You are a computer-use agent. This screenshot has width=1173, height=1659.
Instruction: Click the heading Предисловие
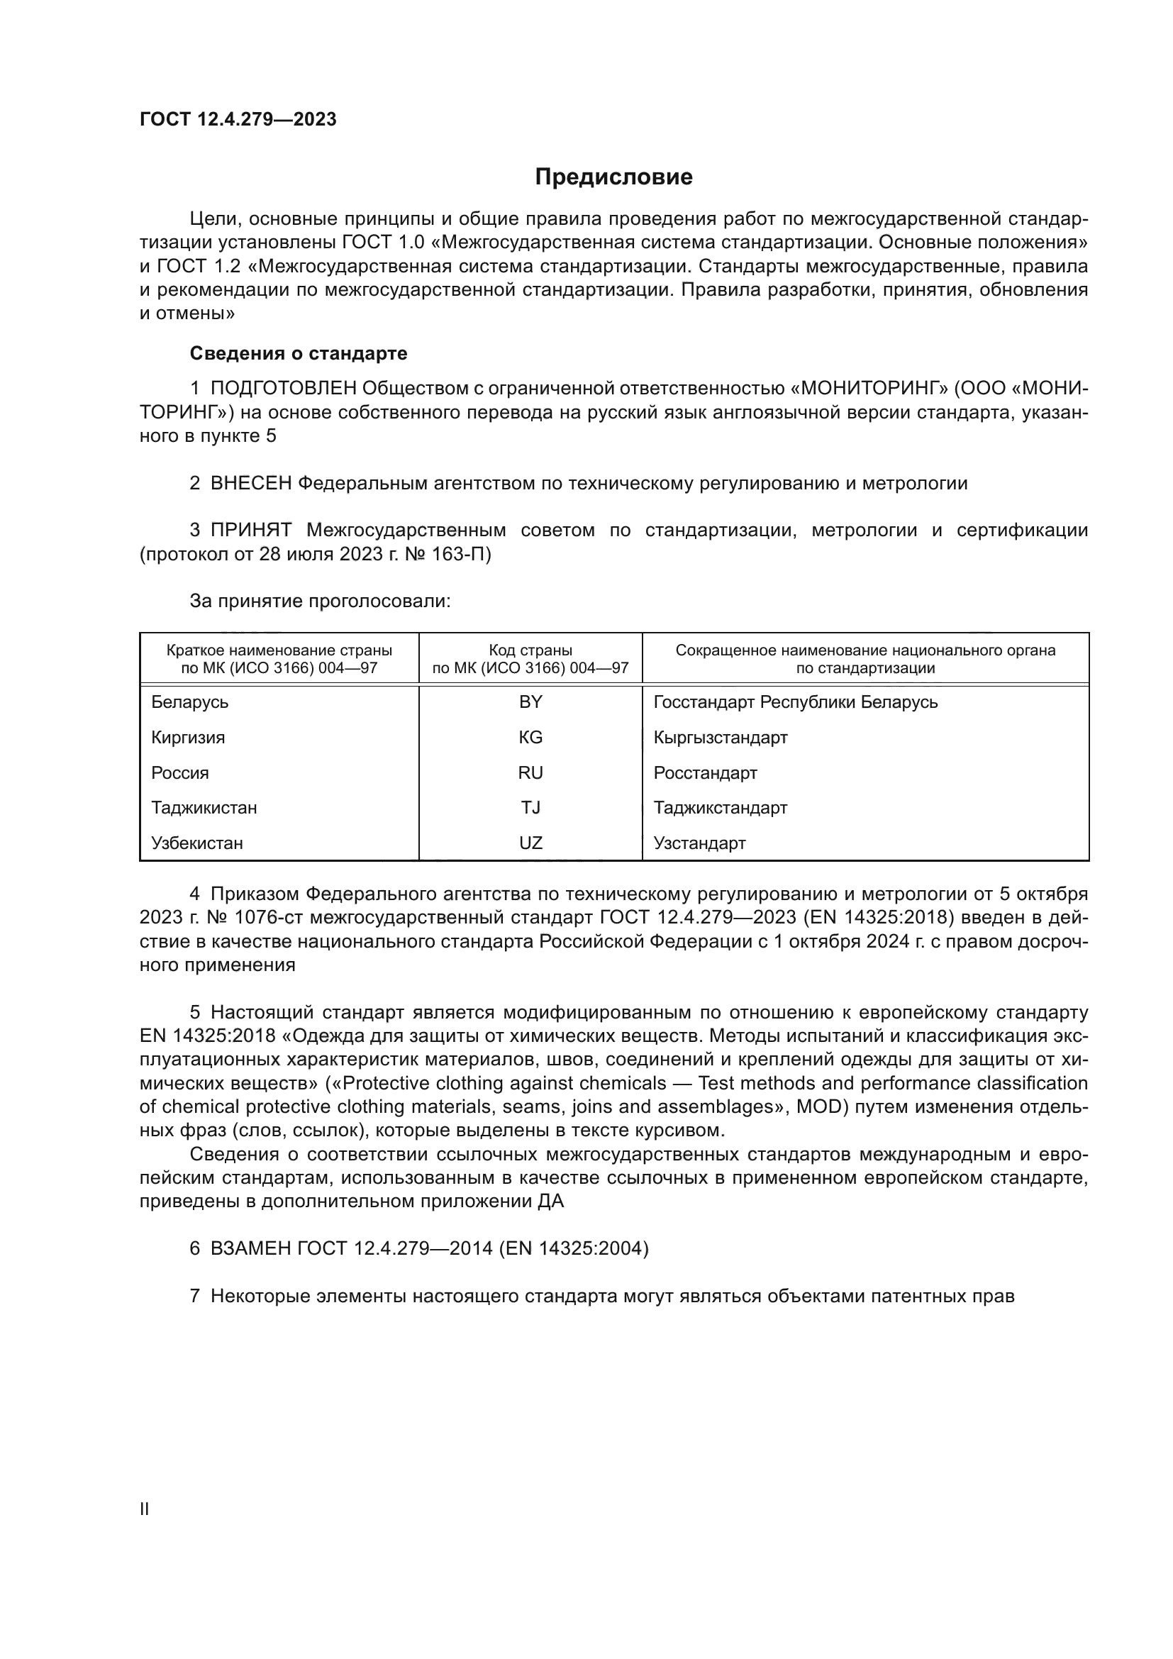(x=613, y=177)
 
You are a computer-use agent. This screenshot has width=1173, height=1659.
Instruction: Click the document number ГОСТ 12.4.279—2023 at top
(x=238, y=119)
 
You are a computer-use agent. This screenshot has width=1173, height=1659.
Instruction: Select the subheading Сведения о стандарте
(x=299, y=353)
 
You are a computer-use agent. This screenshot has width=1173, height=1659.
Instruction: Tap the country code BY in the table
(x=530, y=701)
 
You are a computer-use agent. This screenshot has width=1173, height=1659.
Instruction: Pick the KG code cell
(x=530, y=737)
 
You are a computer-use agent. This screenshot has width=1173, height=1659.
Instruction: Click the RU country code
(x=530, y=772)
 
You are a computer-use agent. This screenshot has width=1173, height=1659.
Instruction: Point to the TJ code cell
(x=530, y=807)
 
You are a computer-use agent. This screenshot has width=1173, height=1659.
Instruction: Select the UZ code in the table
(x=530, y=843)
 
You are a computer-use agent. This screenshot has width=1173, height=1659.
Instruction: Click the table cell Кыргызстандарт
(x=720, y=737)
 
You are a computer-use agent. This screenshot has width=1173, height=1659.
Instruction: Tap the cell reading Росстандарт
(x=705, y=772)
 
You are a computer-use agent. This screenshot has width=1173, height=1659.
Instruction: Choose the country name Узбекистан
(x=196, y=843)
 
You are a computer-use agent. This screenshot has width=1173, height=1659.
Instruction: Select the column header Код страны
(x=530, y=650)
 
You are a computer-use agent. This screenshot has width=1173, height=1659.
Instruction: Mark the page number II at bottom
(x=144, y=1509)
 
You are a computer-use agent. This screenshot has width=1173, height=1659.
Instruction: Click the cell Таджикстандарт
(x=720, y=807)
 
